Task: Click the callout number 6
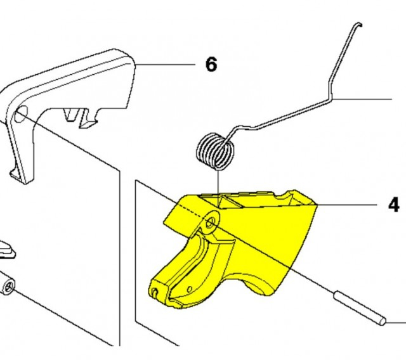(211, 65)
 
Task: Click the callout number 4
(393, 205)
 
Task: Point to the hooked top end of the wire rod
(359, 24)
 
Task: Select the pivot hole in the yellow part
(210, 222)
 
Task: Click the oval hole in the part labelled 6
(21, 114)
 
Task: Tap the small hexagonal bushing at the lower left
(7, 286)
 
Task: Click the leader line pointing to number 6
(165, 64)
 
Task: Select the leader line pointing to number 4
(347, 205)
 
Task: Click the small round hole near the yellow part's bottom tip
(189, 289)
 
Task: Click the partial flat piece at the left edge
(7, 250)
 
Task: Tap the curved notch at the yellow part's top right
(284, 196)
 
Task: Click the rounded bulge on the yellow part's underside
(259, 288)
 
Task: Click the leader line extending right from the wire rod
(362, 99)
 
